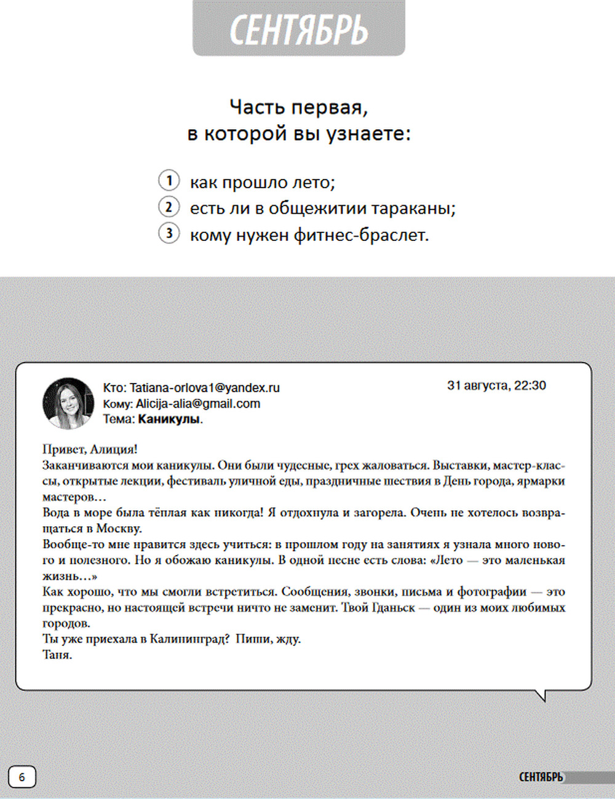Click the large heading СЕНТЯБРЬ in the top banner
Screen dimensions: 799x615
[299, 30]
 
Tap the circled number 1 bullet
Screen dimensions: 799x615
[169, 181]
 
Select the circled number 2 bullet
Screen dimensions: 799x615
[169, 207]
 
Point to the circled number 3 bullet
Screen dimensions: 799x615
[169, 234]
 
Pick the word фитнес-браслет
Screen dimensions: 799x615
[361, 235]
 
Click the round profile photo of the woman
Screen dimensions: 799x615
[68, 403]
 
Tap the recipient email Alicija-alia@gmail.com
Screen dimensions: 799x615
[197, 404]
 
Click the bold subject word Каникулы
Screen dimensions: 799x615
[169, 419]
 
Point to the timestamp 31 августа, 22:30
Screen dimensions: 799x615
[496, 385]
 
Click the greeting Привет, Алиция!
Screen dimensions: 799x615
[90, 449]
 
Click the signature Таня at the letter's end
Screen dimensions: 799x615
[57, 655]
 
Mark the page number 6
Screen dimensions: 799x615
[22, 777]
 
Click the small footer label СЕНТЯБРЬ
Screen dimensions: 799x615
[541, 777]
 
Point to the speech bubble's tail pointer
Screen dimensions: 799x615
[541, 695]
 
